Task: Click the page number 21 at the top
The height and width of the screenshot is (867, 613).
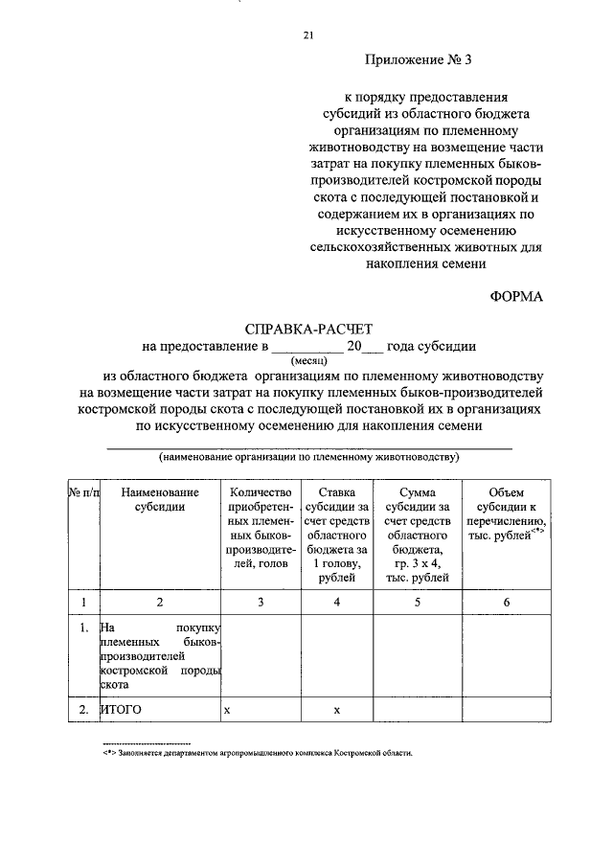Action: tap(307, 35)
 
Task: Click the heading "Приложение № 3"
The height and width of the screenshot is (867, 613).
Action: tap(420, 59)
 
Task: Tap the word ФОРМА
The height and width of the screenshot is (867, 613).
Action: tap(515, 296)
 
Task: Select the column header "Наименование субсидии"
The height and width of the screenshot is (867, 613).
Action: tap(160, 499)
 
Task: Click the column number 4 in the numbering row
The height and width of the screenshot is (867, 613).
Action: tap(337, 602)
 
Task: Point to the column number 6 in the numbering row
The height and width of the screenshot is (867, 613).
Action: tap(506, 602)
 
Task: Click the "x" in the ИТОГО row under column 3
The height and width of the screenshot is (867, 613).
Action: tap(227, 710)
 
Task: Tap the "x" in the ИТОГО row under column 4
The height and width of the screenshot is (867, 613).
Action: tap(337, 710)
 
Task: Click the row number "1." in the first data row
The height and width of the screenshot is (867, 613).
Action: tap(83, 628)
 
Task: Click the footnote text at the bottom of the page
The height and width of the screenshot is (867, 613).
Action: tap(259, 753)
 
